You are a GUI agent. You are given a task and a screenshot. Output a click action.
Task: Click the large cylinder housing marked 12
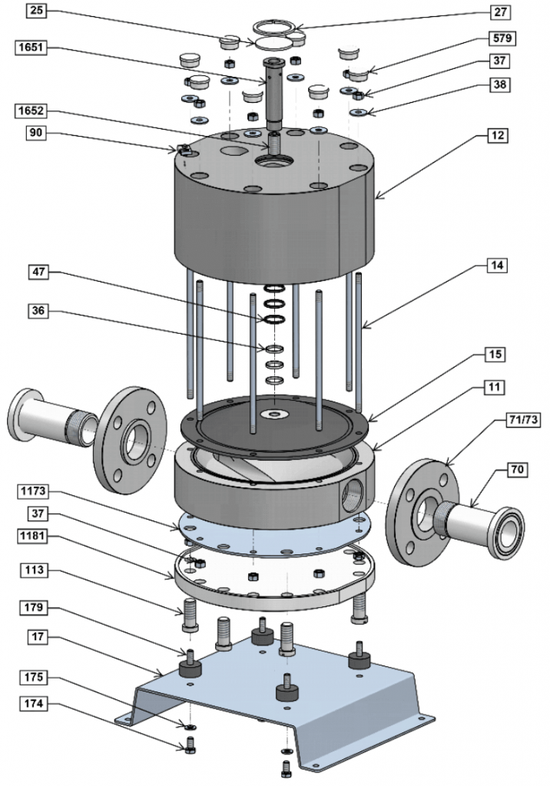click(x=269, y=223)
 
